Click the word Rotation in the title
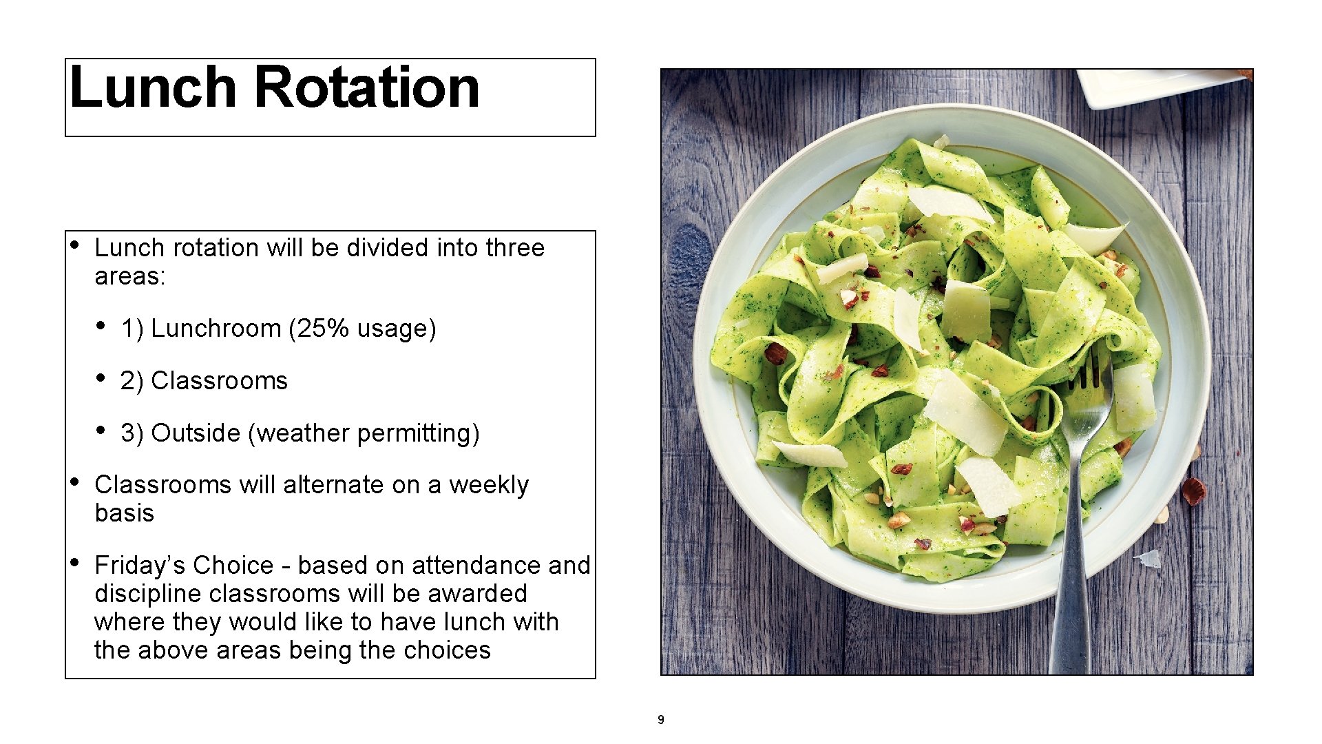coord(368,87)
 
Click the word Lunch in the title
coord(153,87)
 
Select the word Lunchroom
coord(216,329)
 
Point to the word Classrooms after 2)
coord(219,381)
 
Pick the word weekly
coord(489,485)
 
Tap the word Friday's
coord(140,566)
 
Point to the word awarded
coord(484,594)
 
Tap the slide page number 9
coord(661,721)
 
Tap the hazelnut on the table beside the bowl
coord(1194,490)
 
